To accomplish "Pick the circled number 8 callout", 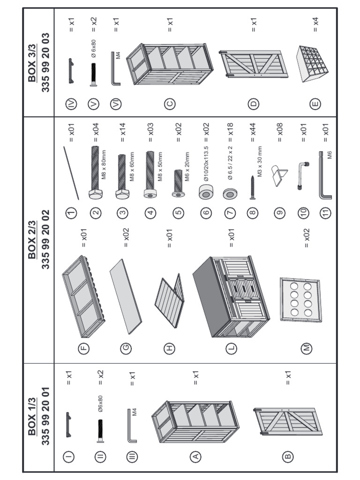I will pos(254,212).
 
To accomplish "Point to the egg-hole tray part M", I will pos(300,300).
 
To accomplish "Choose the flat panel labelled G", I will pos(126,293).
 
